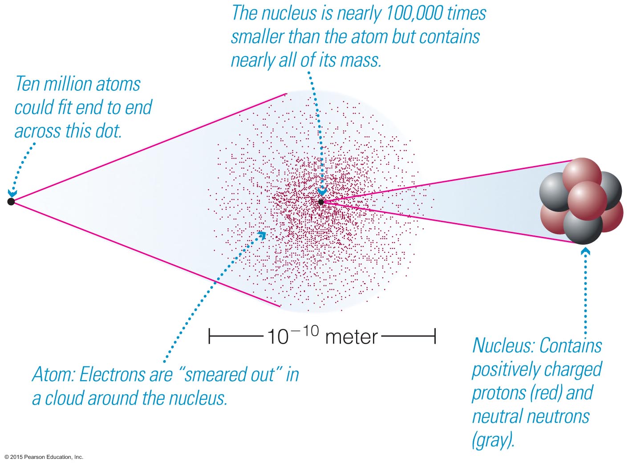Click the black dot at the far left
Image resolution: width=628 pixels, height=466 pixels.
(x=11, y=202)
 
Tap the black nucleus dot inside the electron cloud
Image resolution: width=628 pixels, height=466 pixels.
(x=321, y=202)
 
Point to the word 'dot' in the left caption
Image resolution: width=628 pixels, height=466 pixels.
(x=108, y=131)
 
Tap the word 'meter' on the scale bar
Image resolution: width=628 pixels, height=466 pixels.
(x=352, y=337)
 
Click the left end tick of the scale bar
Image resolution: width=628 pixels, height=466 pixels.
(x=209, y=336)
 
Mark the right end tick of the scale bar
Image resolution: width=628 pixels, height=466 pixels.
(x=435, y=336)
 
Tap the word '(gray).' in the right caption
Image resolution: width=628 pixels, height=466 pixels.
(x=493, y=440)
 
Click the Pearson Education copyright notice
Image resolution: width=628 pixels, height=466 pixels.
(x=44, y=457)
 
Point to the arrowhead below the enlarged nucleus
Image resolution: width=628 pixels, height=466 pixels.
(x=586, y=252)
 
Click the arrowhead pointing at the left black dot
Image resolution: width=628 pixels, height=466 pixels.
(x=12, y=193)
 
